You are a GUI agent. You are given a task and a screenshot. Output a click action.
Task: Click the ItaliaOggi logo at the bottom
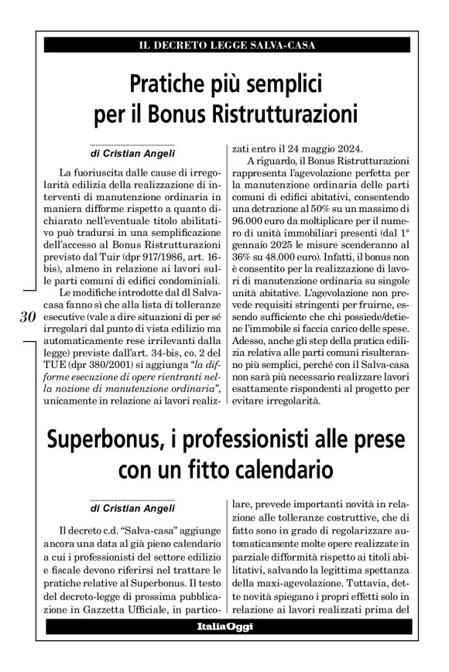pos(224,636)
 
